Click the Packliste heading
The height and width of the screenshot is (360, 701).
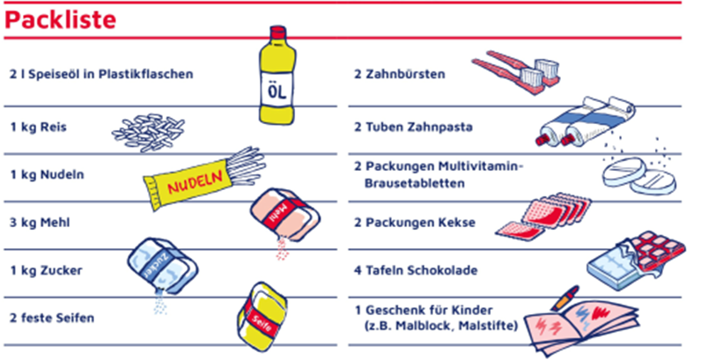point(61,20)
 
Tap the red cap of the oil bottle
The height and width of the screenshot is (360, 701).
point(277,33)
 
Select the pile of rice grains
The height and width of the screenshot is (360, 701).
point(148,132)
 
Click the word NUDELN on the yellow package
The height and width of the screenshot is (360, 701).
point(195,182)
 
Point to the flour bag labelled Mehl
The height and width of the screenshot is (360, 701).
point(284,214)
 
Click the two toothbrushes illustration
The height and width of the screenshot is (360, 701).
point(516,71)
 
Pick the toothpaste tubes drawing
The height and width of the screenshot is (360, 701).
point(585,121)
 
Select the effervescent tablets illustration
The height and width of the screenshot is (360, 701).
point(638,176)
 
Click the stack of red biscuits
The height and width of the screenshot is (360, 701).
point(543,216)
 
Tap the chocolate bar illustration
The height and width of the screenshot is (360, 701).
point(636,261)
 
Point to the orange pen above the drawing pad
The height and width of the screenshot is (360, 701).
point(564,298)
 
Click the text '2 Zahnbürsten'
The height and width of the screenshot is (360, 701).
point(400,74)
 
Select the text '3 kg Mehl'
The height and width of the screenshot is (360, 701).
point(40,223)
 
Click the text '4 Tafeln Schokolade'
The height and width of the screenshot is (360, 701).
point(416,270)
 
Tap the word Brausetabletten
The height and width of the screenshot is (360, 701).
point(414,183)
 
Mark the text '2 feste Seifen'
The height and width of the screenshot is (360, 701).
point(52,318)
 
